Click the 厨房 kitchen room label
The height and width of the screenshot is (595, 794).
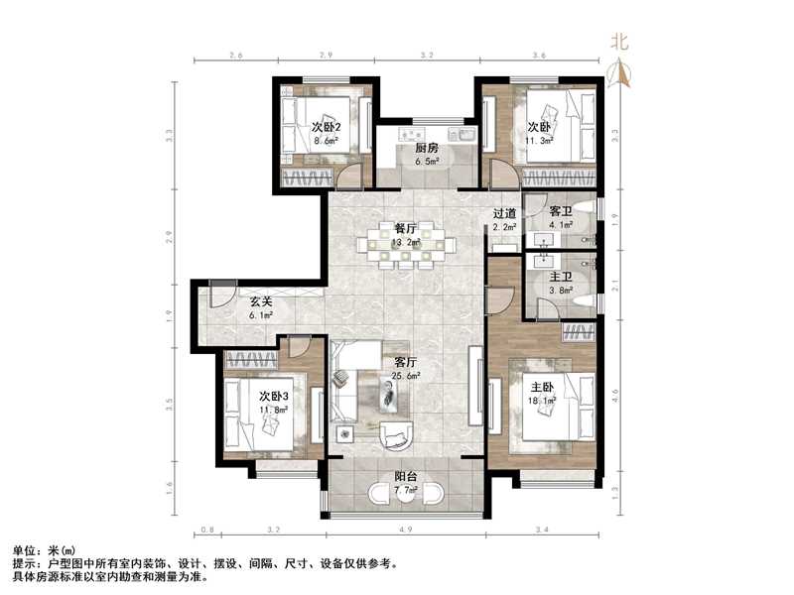tap(428, 148)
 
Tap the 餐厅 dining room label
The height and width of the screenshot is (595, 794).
tap(407, 227)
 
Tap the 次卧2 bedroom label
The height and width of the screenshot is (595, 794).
tap(327, 127)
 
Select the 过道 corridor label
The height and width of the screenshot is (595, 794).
tap(504, 213)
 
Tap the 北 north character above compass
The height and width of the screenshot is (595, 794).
tap(619, 42)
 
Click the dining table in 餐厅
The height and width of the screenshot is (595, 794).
tap(410, 246)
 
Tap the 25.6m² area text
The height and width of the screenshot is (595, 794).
tap(406, 377)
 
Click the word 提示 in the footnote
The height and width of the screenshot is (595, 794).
tap(24, 562)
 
